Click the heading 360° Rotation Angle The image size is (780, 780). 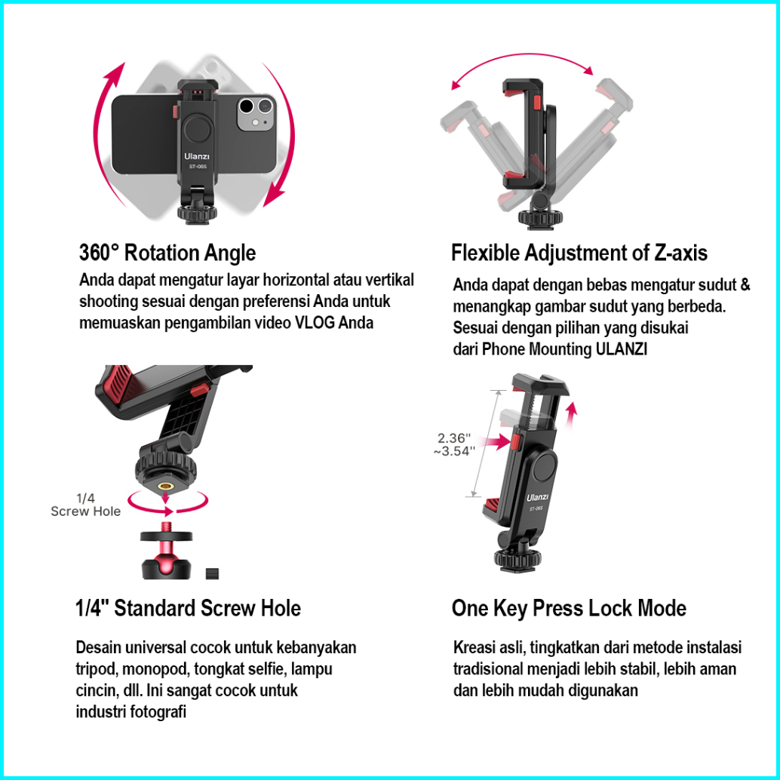[x=167, y=253]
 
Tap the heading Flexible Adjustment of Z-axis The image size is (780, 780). [x=579, y=253]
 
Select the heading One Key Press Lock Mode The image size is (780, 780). [x=569, y=608]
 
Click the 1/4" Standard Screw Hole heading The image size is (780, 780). [x=188, y=608]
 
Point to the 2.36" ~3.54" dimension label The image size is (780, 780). [x=454, y=445]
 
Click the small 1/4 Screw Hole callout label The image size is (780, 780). [x=85, y=505]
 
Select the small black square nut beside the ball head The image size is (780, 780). [x=212, y=573]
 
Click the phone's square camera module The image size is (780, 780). [x=256, y=113]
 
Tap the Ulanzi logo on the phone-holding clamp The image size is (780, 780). [x=196, y=156]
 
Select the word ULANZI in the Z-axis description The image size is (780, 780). [x=622, y=349]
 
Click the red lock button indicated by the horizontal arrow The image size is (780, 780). [x=516, y=442]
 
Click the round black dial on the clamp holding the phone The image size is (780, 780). [x=198, y=131]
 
